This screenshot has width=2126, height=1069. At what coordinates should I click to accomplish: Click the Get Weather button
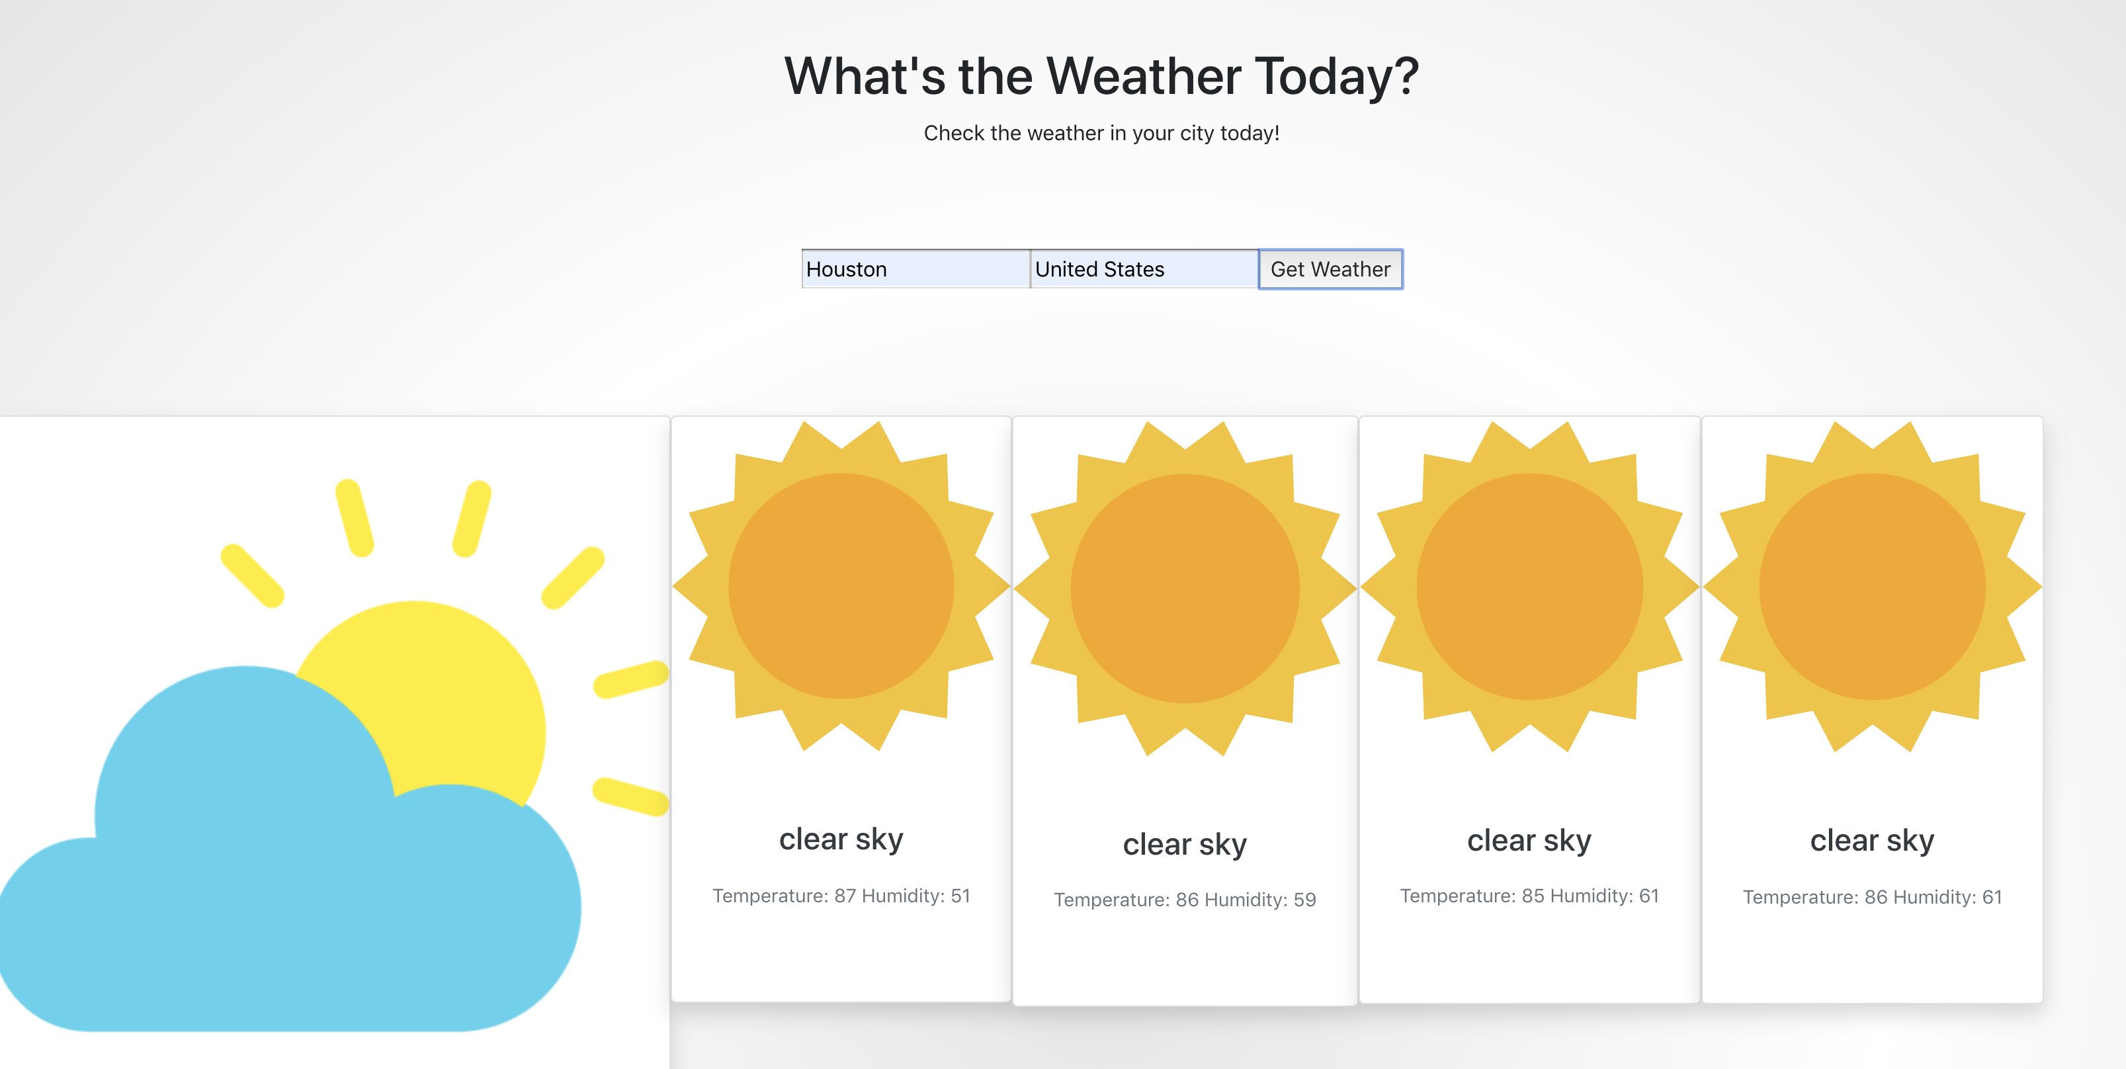tap(1330, 269)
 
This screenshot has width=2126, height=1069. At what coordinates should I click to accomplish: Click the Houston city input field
tap(916, 269)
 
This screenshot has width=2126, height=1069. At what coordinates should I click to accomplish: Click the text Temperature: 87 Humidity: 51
tap(841, 896)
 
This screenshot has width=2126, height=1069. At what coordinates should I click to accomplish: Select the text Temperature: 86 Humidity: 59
tap(1184, 900)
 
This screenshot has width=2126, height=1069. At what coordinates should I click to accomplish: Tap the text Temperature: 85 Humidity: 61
tap(1529, 896)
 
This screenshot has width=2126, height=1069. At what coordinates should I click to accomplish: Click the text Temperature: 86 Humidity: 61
tap(1872, 897)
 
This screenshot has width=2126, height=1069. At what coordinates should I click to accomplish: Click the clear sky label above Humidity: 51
tap(841, 839)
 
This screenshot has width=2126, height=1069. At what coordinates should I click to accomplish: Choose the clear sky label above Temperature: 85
tap(1529, 840)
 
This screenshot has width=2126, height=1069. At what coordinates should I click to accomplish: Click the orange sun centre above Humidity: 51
tap(841, 586)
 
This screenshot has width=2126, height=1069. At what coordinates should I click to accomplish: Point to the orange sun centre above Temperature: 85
tap(1529, 587)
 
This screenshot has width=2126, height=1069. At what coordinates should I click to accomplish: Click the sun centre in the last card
tap(1872, 587)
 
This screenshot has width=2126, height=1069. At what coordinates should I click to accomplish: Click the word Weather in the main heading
tap(1144, 76)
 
